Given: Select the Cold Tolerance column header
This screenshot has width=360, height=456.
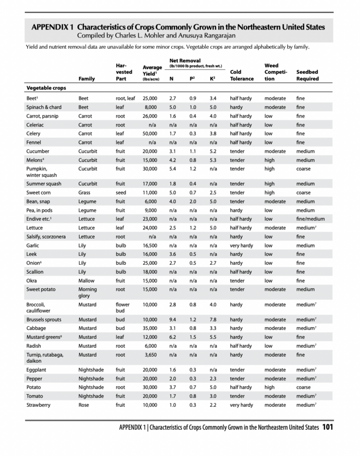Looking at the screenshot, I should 241,75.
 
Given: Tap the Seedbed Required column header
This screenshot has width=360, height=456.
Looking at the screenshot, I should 307,75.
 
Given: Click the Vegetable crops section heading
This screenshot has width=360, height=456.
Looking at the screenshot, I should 46,88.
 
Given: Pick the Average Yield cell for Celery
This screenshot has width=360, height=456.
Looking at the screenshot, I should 150,134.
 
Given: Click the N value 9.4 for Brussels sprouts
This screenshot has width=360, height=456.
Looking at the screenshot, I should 172,319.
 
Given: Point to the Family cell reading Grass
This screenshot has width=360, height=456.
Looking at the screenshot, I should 84,193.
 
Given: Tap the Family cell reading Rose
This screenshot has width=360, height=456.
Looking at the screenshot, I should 84,405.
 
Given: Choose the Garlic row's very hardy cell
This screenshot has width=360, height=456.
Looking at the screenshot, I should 241,245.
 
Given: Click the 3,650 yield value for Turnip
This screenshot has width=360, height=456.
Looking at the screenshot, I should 150,355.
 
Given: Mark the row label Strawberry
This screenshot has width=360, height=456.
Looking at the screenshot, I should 38,405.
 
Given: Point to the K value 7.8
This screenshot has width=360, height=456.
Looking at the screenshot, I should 213,319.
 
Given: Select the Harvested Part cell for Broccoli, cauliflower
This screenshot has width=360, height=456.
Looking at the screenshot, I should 122,307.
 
